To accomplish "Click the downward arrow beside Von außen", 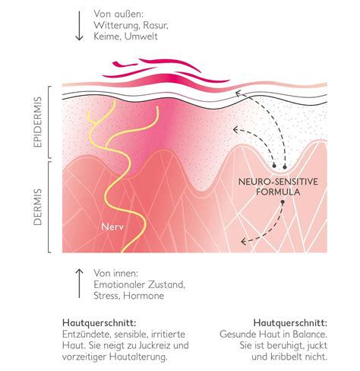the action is click(x=79, y=26).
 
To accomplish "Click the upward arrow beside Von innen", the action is click(x=79, y=284).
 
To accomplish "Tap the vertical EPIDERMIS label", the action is click(x=37, y=122).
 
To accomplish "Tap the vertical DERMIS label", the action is click(x=37, y=207).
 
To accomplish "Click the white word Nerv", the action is click(x=112, y=227).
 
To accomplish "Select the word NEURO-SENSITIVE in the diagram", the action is click(x=278, y=182).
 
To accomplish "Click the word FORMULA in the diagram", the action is click(x=278, y=192).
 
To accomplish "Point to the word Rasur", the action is click(x=155, y=25).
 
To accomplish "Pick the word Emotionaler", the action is click(x=118, y=284).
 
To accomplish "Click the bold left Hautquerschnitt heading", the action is click(x=99, y=323).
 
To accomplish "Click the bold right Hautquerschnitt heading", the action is click(x=290, y=323).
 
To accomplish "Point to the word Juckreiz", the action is click(x=159, y=345).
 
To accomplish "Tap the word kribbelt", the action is click(x=286, y=357).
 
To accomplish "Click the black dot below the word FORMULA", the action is click(x=283, y=202).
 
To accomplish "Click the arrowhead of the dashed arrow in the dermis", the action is click(x=243, y=242).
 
